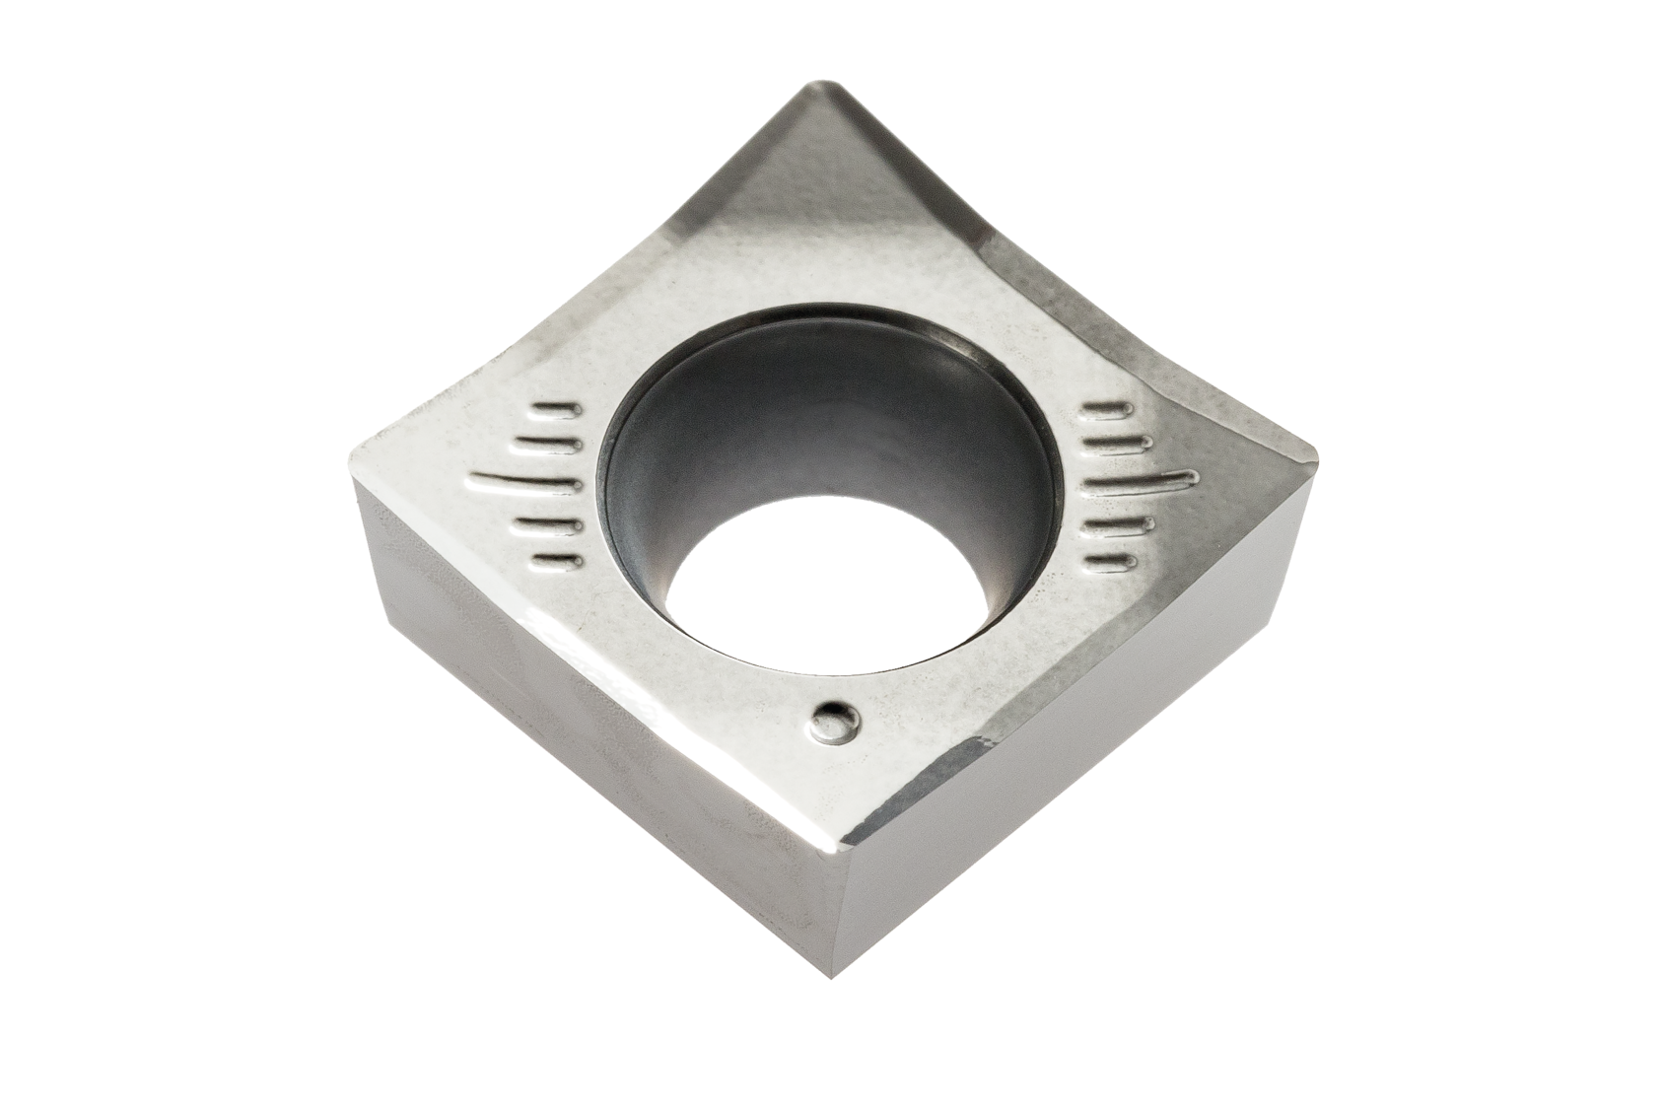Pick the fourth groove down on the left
pos(546,523)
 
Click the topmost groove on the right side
pos(1109,407)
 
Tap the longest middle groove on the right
pos(1144,480)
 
